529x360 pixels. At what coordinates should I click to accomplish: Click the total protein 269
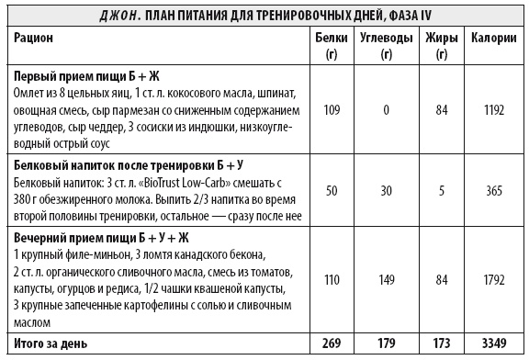point(332,343)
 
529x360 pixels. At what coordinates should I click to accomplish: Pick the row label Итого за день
point(51,343)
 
